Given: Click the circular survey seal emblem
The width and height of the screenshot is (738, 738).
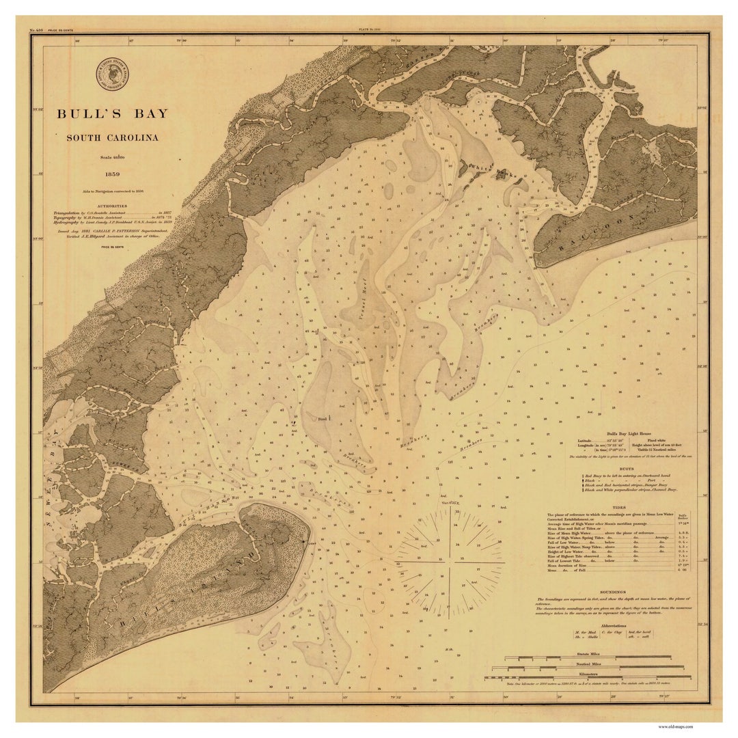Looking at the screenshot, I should click(x=112, y=74).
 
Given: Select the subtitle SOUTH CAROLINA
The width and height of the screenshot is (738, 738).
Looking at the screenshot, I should click(x=112, y=137).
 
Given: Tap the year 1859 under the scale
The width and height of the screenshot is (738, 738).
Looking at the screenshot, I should click(x=112, y=174).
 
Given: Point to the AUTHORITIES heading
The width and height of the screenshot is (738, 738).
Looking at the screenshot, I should click(x=112, y=206).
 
